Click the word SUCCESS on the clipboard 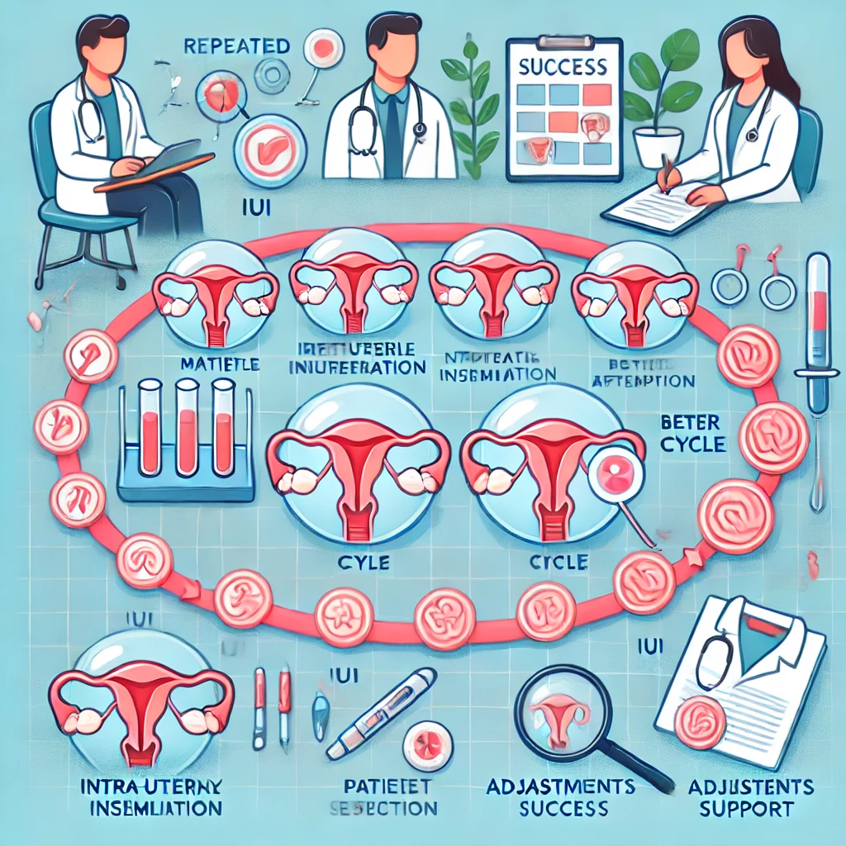coord(563,65)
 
